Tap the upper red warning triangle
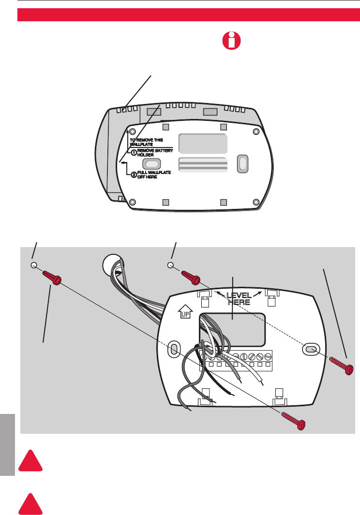pos(31,460)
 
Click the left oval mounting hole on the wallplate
pos(174,349)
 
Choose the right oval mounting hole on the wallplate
pos(310,349)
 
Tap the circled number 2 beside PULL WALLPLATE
pos(134,175)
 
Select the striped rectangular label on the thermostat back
pos(203,164)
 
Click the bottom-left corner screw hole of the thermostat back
pos(133,202)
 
